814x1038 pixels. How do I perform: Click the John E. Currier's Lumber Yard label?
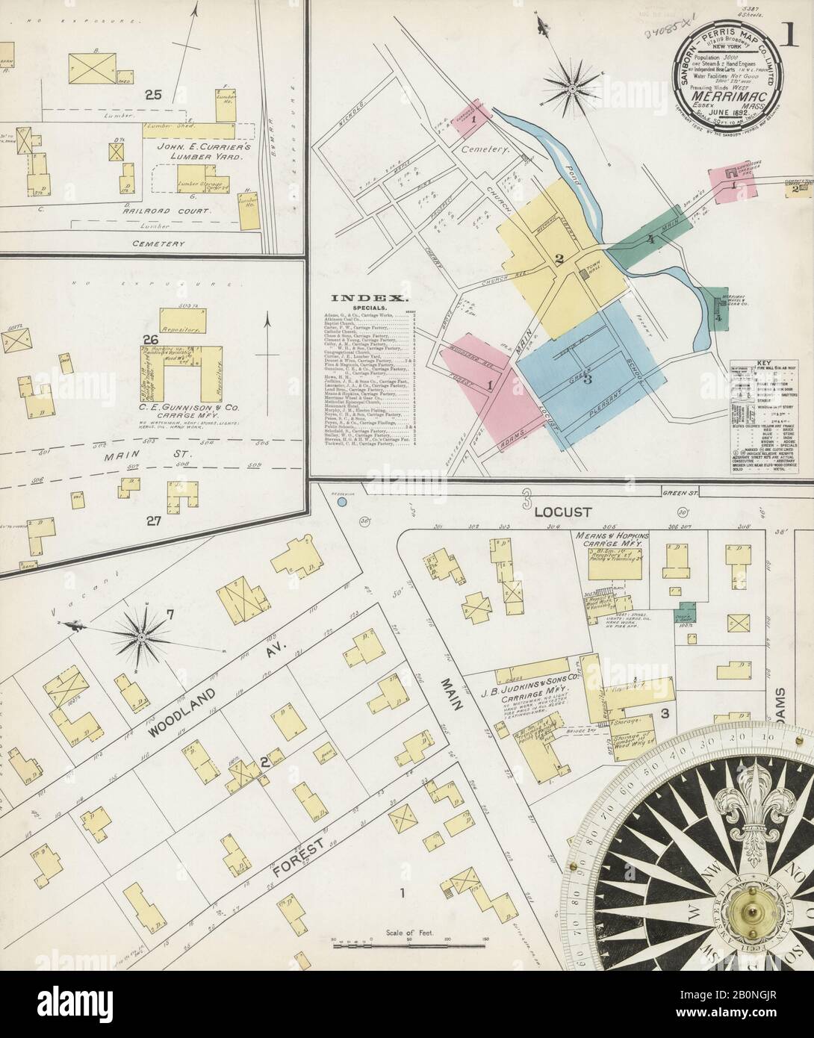tap(202, 152)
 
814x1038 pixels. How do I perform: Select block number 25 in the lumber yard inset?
tap(155, 94)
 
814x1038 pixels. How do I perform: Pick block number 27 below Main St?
tap(155, 521)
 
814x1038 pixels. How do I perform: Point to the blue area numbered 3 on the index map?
tap(588, 380)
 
